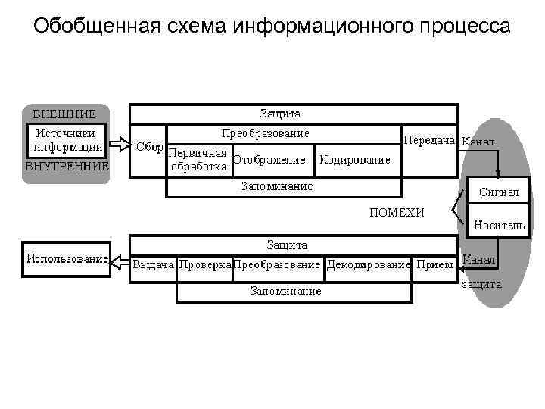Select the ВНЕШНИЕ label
(x=64, y=114)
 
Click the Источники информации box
(x=67, y=140)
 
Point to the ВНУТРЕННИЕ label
(x=67, y=165)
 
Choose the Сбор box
(x=148, y=147)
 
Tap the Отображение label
(x=269, y=160)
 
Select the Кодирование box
(x=355, y=160)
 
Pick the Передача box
(x=429, y=141)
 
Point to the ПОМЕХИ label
(x=397, y=212)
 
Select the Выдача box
(x=154, y=265)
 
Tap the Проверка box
(x=204, y=265)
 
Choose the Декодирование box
(x=369, y=265)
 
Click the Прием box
(x=434, y=265)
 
